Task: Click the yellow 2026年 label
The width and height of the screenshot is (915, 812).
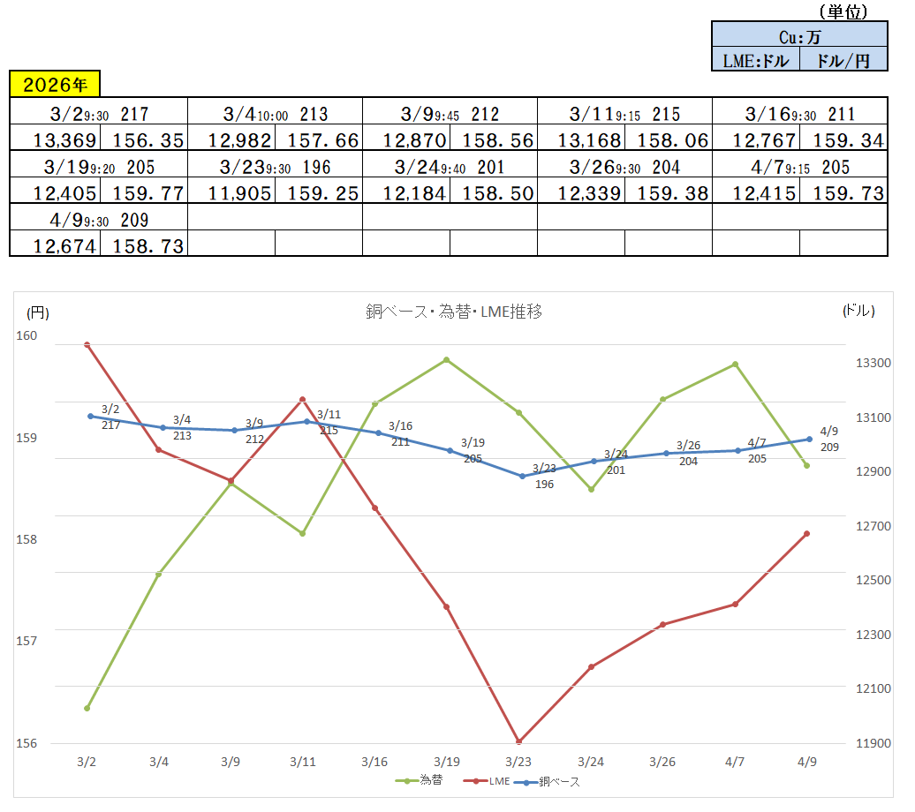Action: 55,85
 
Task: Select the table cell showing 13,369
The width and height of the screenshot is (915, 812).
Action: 55,139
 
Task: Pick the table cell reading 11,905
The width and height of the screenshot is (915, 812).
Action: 231,192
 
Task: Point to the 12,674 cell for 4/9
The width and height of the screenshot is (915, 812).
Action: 55,245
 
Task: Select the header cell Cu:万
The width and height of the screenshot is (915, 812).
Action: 799,36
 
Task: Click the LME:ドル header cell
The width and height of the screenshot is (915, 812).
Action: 755,60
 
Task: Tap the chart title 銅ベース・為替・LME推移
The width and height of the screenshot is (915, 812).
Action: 453,311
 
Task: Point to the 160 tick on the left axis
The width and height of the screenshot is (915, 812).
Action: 26,335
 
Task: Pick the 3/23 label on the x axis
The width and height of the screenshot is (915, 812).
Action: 518,762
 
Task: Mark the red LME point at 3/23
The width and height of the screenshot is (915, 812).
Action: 518,741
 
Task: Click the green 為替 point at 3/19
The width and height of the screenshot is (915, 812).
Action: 447,360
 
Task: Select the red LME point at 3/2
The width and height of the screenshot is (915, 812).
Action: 87,344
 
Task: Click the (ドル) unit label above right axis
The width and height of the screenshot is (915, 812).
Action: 858,311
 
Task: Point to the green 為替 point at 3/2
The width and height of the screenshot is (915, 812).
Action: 87,708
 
